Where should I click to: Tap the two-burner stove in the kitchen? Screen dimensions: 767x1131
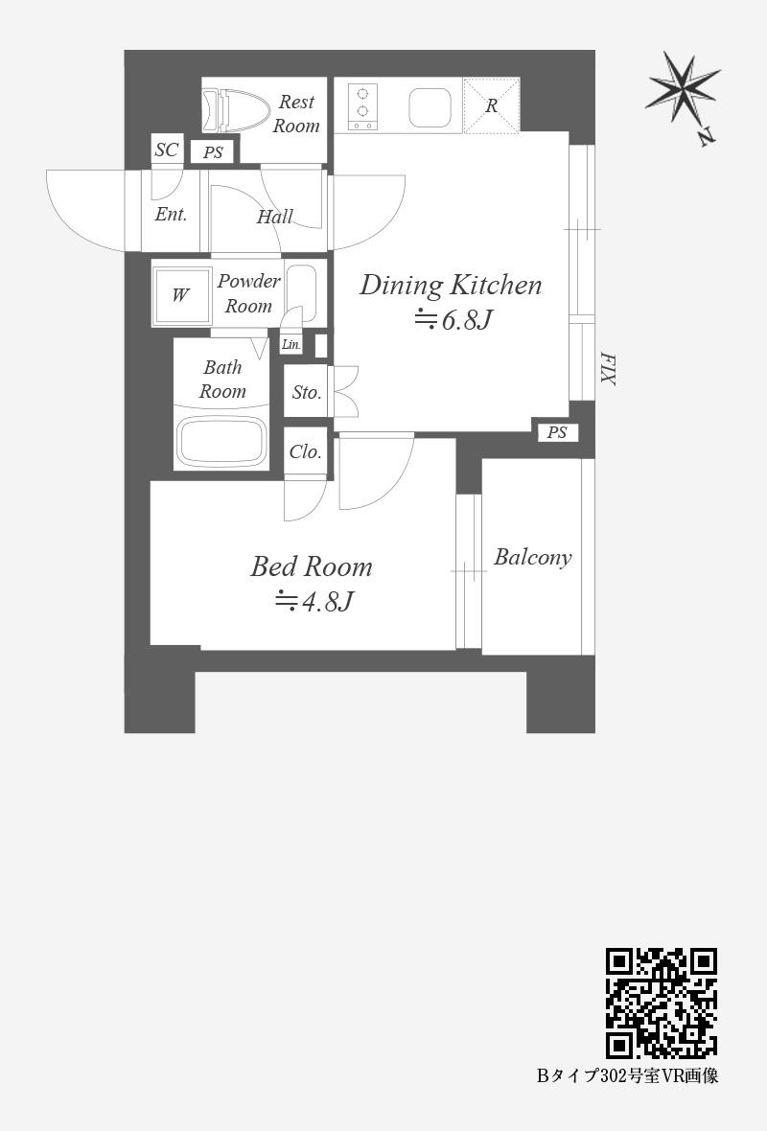coord(363,107)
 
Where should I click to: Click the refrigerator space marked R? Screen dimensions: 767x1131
coord(491,106)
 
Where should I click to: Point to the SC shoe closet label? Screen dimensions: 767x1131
coord(167,150)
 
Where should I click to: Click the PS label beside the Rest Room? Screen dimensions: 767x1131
coord(213,152)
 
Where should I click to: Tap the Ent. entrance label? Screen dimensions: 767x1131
coord(171,215)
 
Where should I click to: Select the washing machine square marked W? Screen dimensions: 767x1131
coord(180,294)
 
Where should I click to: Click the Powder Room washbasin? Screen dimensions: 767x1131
coord(301,293)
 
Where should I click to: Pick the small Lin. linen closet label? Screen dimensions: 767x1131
coord(291,345)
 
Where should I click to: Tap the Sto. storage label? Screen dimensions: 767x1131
coord(307,392)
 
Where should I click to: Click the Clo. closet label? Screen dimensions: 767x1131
coord(305,452)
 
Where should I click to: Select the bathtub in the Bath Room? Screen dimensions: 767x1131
coord(221,440)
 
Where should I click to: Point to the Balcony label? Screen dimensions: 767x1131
coord(532,558)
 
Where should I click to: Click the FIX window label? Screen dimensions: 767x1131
coord(608,369)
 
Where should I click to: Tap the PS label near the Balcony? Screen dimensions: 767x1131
coord(557,433)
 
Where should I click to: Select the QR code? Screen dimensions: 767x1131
coord(661,1004)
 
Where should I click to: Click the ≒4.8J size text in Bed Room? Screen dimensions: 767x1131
coord(314,601)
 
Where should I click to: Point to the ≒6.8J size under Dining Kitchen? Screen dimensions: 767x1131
coord(453,319)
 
